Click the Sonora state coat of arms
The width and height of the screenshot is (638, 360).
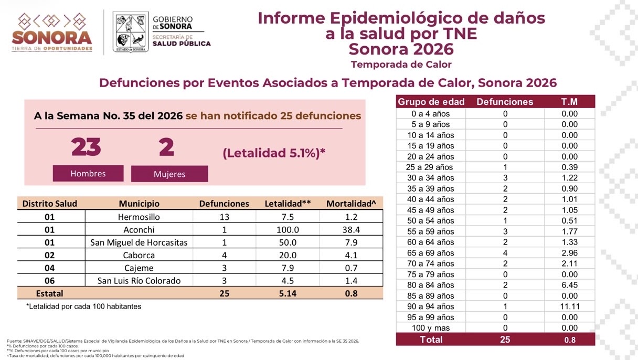coord(131,32)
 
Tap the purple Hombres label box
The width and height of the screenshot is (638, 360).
coord(88,173)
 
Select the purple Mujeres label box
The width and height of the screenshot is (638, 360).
coord(169,174)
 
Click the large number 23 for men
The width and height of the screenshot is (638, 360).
coord(86,147)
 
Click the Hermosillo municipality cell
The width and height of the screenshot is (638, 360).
coord(139,217)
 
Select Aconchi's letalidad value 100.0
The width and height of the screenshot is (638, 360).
coord(288,229)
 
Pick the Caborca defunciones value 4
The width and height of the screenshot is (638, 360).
coord(225,255)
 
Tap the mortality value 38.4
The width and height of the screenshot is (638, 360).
coord(351,229)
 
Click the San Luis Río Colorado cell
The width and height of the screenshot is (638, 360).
coord(139,281)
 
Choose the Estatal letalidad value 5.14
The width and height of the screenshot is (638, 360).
coord(288,293)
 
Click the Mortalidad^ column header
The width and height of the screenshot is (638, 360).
coord(351,204)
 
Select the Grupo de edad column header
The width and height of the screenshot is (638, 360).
coord(431,102)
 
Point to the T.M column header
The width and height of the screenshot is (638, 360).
coord(569,102)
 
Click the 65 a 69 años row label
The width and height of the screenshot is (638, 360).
coord(430,253)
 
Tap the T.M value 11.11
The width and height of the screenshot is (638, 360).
coord(570,306)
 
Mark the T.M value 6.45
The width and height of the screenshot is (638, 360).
coord(570,285)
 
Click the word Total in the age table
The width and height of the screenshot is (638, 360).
coord(431,340)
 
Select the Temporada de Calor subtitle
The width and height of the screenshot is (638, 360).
coord(401,65)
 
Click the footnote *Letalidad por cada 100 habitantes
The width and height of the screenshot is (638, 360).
coord(84,306)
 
